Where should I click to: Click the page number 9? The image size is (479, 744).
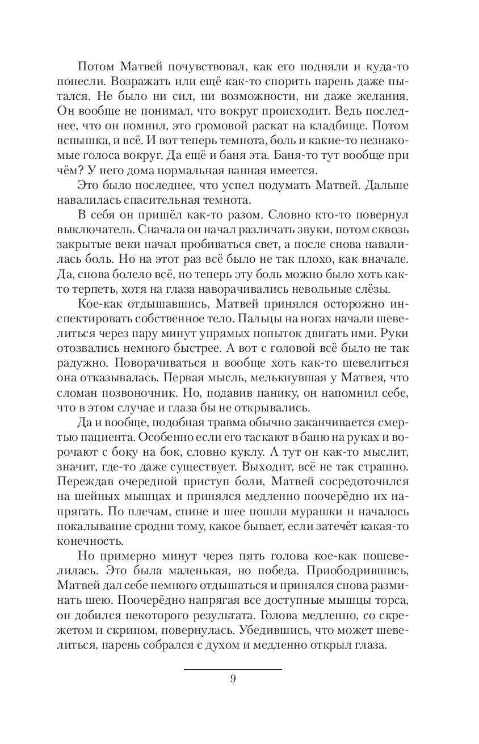point(233,680)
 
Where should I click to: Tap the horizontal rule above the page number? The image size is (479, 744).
point(233,670)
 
